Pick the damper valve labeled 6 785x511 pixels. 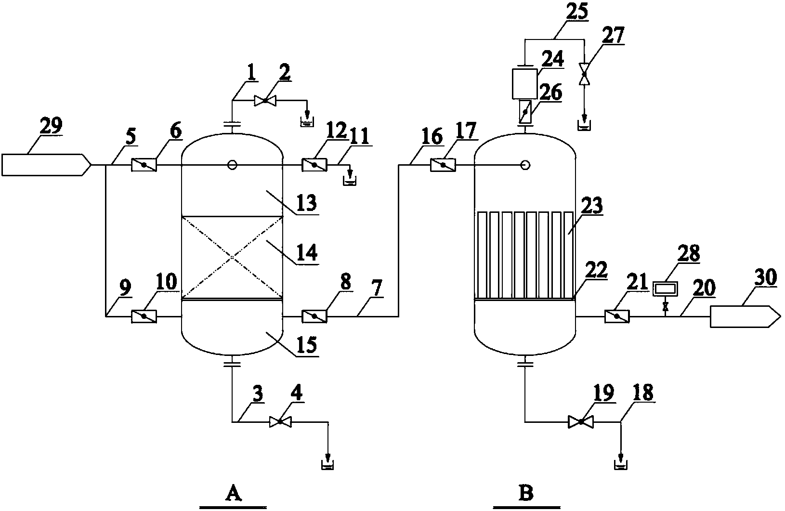(x=144, y=165)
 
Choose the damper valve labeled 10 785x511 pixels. (x=144, y=316)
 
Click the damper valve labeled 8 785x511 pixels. (x=314, y=316)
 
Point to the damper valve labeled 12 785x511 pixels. (x=314, y=165)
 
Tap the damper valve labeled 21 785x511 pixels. (x=616, y=316)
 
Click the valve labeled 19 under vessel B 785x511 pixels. (x=581, y=422)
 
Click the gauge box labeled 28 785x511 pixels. (x=664, y=288)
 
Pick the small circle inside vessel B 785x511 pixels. (x=525, y=165)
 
